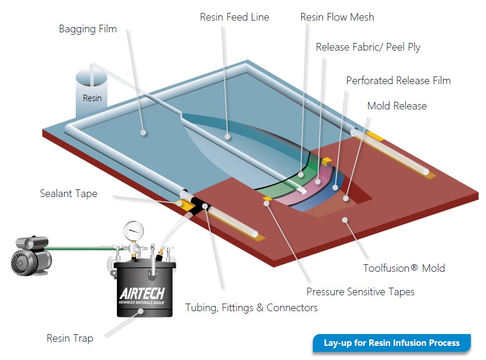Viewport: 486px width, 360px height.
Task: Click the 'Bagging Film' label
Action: coord(88,29)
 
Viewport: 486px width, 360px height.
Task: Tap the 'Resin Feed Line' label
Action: coord(234,17)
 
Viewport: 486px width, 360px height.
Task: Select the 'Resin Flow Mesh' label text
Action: coord(337,17)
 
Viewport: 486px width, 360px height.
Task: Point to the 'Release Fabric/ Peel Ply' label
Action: coord(368,47)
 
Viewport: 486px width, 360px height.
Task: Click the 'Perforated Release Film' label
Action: coord(398,81)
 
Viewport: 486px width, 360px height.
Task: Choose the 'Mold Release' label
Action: coord(397,106)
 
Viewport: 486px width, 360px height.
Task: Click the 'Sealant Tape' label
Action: coord(68,194)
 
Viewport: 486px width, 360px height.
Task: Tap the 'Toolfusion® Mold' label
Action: coord(404,268)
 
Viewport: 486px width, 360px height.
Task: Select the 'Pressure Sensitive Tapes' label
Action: coord(360,292)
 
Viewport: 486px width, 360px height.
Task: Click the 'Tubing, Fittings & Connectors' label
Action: coord(251,308)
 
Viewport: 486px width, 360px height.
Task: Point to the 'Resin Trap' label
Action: coord(70,338)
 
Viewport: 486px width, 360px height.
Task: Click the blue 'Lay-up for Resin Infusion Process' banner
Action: coord(392,343)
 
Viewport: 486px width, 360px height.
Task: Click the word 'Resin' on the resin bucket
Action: coord(92,98)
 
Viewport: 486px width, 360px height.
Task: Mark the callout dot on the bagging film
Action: coord(143,132)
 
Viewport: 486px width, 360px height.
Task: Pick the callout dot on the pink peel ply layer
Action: coord(318,182)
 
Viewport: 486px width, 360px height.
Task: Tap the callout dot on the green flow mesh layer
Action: coord(301,175)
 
